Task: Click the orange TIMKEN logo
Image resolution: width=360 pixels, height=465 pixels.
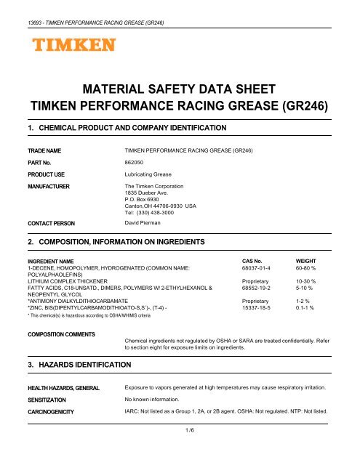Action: click(x=72, y=47)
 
